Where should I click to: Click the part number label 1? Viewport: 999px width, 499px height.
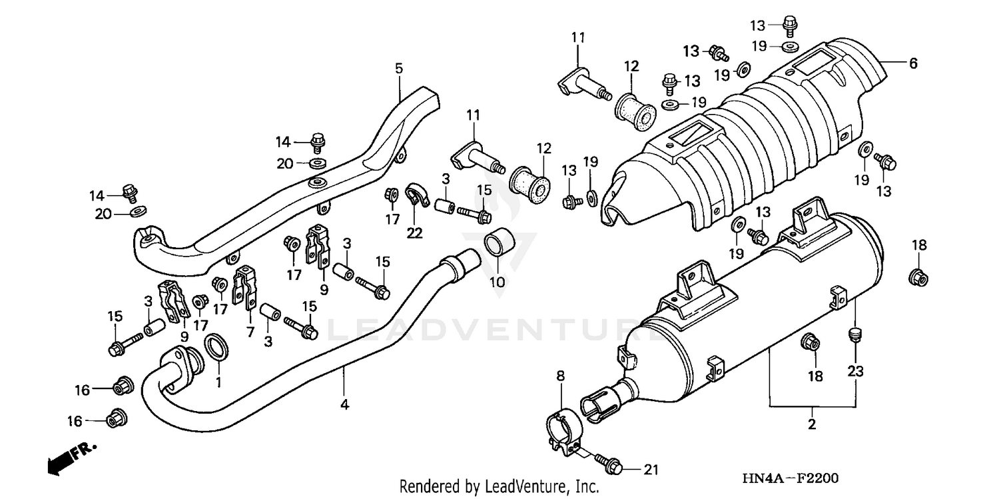pos(217,382)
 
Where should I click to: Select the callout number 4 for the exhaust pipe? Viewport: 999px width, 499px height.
pos(344,404)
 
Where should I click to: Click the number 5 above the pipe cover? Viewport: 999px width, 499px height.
pos(399,68)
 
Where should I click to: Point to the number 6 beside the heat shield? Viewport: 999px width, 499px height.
pos(913,63)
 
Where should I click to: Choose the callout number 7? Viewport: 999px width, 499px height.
pos(250,331)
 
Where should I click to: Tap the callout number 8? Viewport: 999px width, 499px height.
pos(560,376)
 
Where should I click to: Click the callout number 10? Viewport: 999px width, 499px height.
pos(498,282)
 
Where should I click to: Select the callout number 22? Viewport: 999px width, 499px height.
pos(414,232)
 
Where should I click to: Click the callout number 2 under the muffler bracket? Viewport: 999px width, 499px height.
pos(812,424)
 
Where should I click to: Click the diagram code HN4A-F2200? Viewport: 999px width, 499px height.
pos(791,478)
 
